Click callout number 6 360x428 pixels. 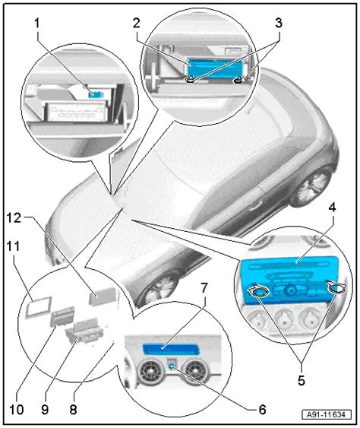(262, 408)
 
